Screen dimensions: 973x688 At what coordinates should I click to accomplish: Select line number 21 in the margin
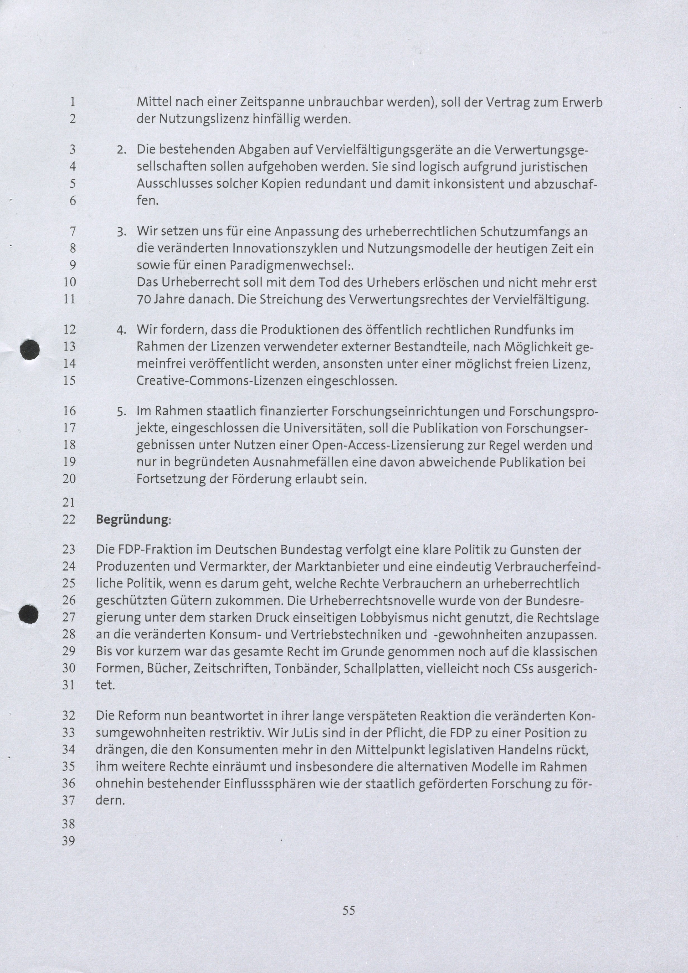pyautogui.click(x=69, y=503)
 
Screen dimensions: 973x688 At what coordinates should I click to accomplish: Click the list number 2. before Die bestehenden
pyautogui.click(x=122, y=150)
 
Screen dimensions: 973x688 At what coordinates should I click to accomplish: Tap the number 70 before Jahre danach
pyautogui.click(x=143, y=300)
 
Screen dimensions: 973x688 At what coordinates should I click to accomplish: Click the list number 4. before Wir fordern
pyautogui.click(x=122, y=330)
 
